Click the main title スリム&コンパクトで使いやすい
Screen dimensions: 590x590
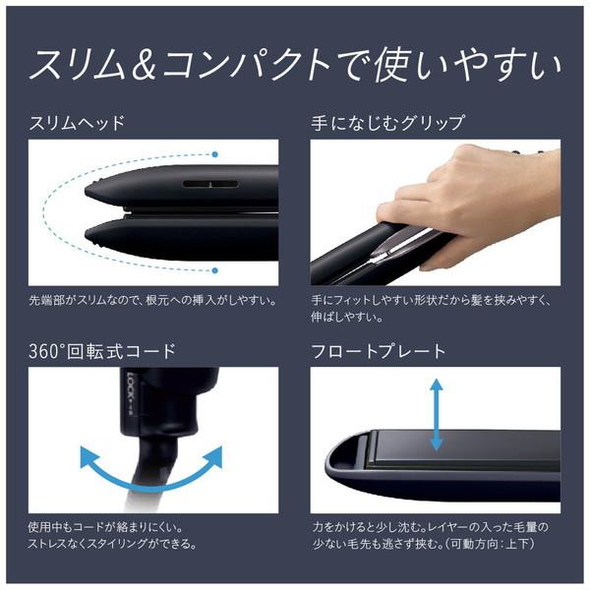295,66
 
